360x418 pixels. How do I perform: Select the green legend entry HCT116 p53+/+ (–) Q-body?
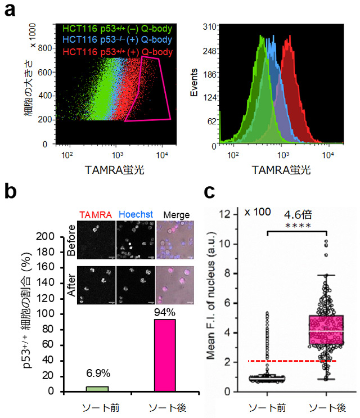tap(110, 28)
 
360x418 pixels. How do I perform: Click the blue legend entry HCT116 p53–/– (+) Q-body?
tap(110, 41)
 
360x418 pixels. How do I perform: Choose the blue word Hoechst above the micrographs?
tap(133, 215)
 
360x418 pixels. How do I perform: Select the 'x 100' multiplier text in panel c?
tap(258, 212)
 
